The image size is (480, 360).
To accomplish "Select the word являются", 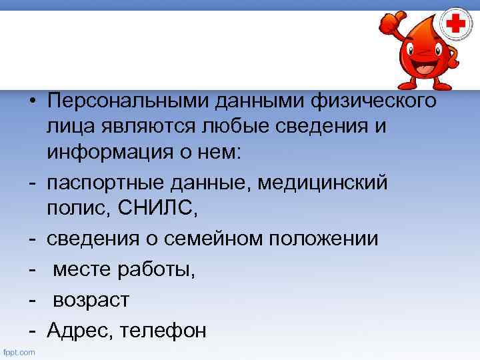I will (134, 127).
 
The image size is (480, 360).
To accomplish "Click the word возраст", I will (91, 300).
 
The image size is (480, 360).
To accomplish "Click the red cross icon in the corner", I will (456, 26).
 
